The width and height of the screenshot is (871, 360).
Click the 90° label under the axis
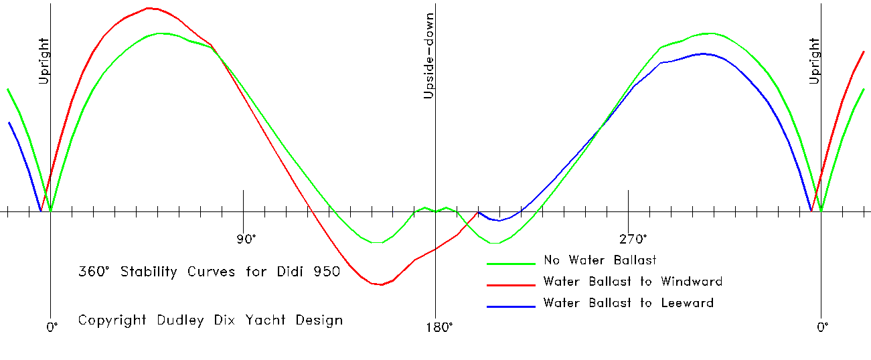(x=246, y=239)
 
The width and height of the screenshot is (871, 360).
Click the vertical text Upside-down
(x=429, y=56)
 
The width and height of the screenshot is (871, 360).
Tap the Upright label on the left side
(x=44, y=61)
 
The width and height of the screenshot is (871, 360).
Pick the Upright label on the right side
(x=814, y=61)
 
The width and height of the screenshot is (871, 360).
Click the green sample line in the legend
(x=511, y=263)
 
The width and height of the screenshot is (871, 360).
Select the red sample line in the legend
(x=511, y=284)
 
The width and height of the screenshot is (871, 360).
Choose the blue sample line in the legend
(x=511, y=306)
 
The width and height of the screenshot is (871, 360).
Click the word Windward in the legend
(x=690, y=281)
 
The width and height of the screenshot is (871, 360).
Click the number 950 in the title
(x=328, y=272)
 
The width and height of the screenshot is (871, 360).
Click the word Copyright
(x=112, y=320)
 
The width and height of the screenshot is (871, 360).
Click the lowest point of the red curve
(x=380, y=285)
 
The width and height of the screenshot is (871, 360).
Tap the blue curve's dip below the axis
(x=499, y=220)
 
